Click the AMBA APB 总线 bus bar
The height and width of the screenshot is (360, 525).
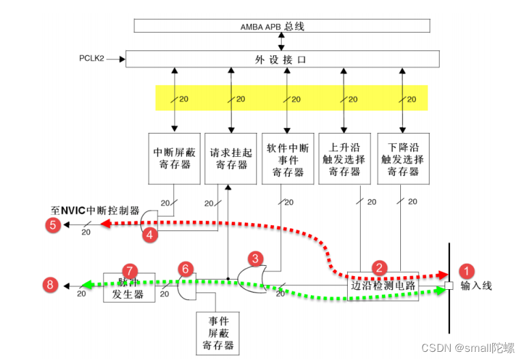pyautogui.click(x=282, y=26)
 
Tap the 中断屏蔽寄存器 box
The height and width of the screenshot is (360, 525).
pyautogui.click(x=175, y=159)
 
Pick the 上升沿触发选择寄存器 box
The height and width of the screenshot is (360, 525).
pyautogui.click(x=345, y=159)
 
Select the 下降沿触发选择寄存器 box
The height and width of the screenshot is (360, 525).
pyautogui.click(x=403, y=159)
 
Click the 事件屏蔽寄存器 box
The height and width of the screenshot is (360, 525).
pyautogui.click(x=217, y=333)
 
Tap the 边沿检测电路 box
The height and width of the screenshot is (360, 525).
pyautogui.click(x=382, y=286)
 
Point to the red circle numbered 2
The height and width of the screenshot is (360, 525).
pyautogui.click(x=378, y=268)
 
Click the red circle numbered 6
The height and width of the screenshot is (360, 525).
pyautogui.click(x=185, y=269)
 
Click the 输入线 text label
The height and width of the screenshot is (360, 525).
pyautogui.click(x=476, y=286)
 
